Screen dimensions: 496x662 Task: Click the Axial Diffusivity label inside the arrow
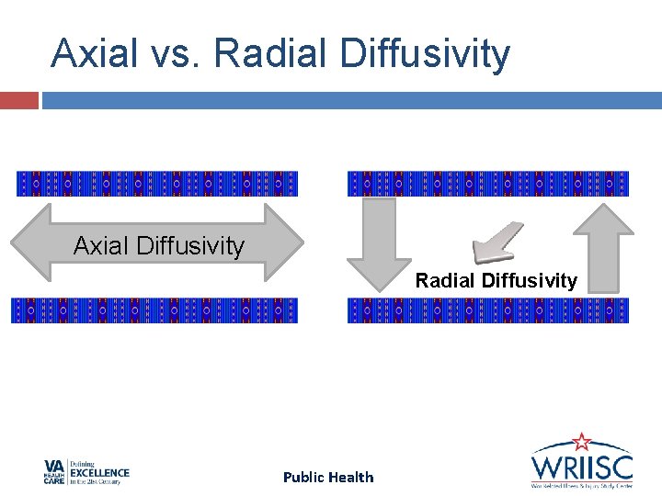click(159, 246)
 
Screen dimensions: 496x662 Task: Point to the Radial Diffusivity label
click(496, 281)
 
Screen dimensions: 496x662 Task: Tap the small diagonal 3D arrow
click(496, 242)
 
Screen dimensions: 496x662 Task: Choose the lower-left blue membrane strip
click(154, 310)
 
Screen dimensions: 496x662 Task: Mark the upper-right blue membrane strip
click(488, 184)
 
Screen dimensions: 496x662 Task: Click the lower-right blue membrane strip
click(488, 310)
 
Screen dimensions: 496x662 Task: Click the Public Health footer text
click(328, 477)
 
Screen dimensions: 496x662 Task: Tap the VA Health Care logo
click(86, 472)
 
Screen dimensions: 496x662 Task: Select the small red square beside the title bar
click(18, 100)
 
